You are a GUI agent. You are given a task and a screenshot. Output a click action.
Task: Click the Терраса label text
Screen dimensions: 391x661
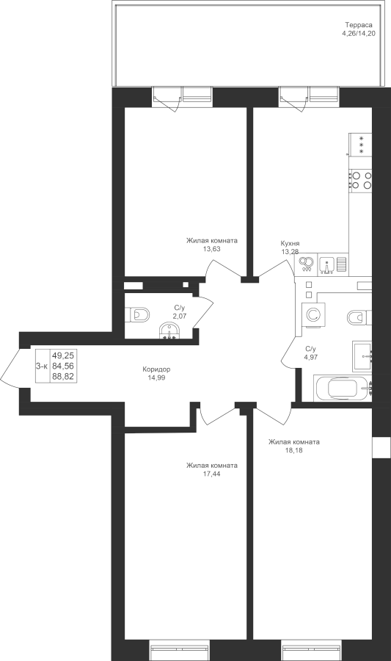point(358,25)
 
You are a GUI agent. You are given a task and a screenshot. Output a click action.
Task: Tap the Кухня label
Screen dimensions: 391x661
point(290,244)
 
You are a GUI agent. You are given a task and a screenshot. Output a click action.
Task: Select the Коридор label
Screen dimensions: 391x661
point(156,369)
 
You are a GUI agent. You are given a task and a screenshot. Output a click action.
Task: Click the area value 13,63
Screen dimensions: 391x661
point(212,249)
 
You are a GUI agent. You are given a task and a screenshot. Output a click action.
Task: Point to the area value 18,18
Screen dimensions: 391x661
point(293,449)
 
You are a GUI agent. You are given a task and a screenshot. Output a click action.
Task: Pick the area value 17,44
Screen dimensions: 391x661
point(212,474)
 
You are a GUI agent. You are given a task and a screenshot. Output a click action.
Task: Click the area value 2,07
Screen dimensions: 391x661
point(180,315)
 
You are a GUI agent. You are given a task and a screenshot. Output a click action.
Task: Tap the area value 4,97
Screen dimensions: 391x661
point(310,357)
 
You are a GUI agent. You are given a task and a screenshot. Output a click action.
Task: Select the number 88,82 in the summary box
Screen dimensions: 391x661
point(63,377)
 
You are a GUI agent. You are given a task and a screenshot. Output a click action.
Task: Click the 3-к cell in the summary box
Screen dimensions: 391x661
point(42,366)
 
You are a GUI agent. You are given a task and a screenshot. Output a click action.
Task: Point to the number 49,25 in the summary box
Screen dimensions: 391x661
point(63,355)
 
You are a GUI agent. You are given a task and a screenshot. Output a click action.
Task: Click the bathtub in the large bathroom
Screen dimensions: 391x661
point(343,389)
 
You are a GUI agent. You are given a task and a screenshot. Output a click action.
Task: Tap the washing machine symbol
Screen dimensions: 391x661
point(313,315)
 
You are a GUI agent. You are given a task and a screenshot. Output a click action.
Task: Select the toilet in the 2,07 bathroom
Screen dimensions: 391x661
point(137,314)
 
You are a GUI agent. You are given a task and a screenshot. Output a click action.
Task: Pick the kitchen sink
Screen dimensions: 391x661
point(326,265)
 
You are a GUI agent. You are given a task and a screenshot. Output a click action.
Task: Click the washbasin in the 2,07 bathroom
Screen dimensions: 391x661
point(169,330)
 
